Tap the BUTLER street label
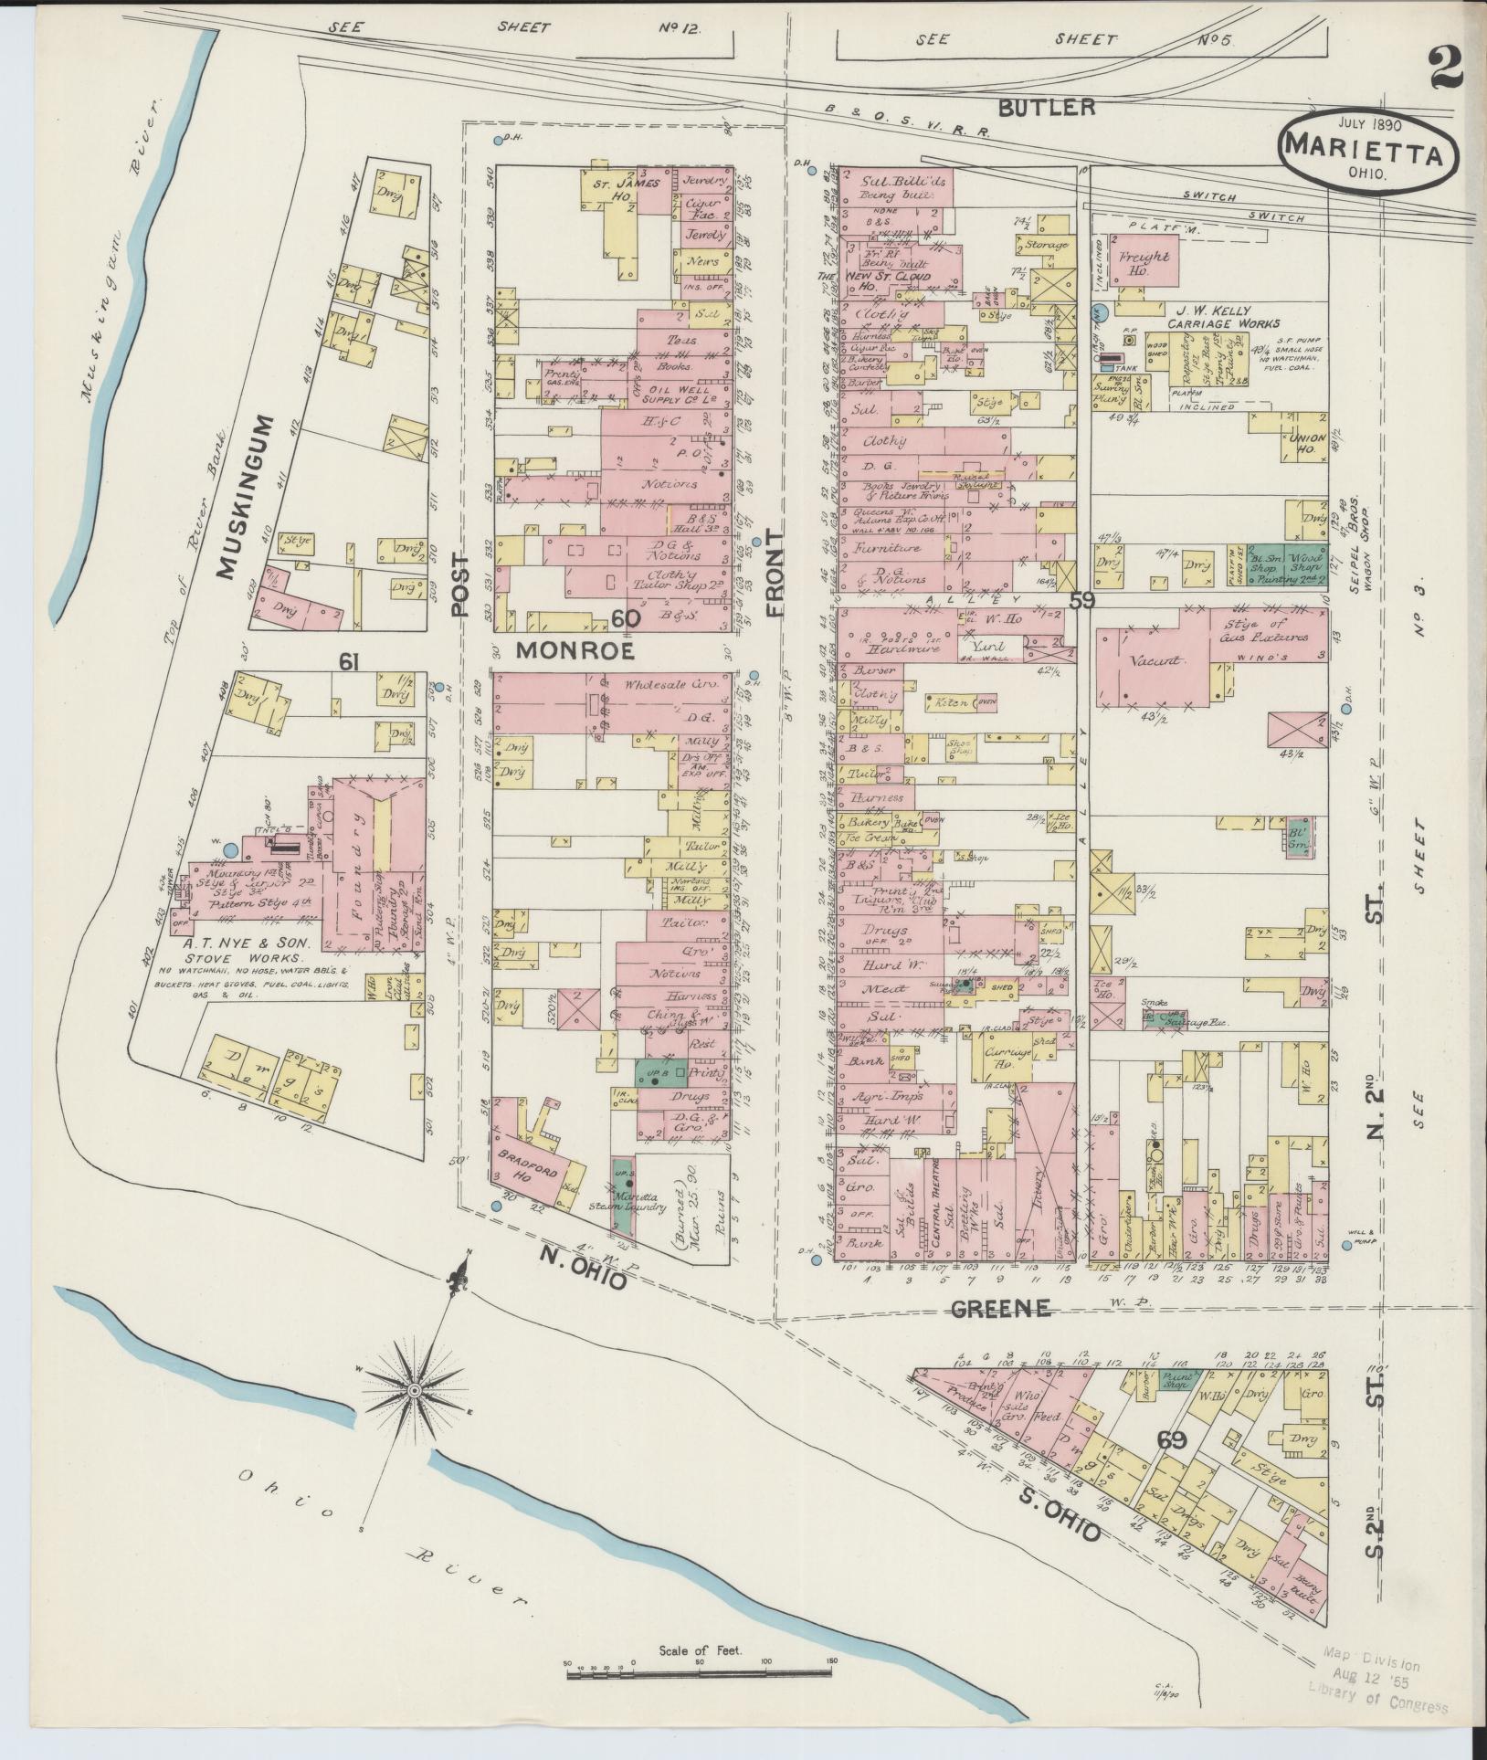tap(1045, 108)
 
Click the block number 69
tap(1172, 1440)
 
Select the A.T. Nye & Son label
tap(250, 943)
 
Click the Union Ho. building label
tap(1307, 444)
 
